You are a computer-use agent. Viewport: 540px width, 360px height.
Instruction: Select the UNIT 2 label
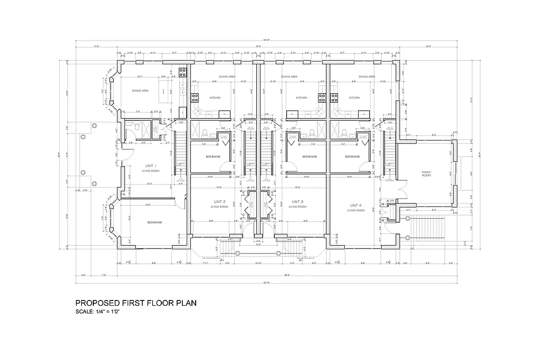(220, 202)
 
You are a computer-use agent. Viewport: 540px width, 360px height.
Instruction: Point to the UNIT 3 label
(297, 202)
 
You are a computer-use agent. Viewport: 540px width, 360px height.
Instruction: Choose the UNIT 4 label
(355, 205)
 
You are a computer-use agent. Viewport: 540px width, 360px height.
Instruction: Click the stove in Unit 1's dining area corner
(183, 72)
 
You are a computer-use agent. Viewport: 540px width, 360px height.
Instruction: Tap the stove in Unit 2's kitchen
(194, 98)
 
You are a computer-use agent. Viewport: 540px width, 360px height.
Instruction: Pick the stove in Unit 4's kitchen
(334, 98)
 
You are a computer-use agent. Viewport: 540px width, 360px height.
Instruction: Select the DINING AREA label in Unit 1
(140, 91)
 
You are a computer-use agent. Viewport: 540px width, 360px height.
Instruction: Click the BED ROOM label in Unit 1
(155, 222)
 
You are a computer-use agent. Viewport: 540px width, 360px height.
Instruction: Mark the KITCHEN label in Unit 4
(355, 98)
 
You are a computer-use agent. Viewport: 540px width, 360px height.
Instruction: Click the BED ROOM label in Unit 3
(310, 157)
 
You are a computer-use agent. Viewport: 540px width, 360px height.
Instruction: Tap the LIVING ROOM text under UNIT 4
(356, 210)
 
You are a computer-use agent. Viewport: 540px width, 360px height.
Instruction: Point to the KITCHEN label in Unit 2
(215, 98)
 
